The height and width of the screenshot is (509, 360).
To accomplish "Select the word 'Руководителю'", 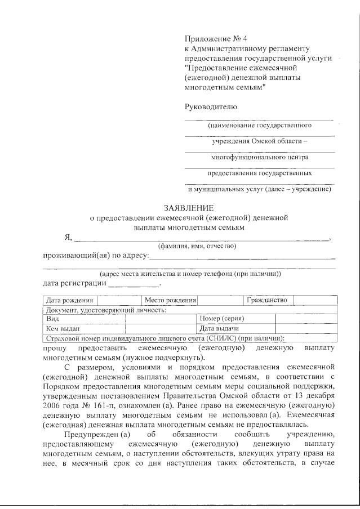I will click(x=211, y=107).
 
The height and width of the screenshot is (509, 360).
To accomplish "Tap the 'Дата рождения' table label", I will click(x=69, y=301).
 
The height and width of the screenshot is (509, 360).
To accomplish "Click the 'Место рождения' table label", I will click(x=170, y=301).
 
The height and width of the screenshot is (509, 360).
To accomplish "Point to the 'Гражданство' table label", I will click(x=267, y=301).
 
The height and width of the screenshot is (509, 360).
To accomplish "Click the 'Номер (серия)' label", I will click(x=221, y=319).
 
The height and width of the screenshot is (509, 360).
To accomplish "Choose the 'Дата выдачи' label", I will click(x=219, y=328).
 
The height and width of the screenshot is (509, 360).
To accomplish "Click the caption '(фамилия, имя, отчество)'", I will click(x=197, y=246).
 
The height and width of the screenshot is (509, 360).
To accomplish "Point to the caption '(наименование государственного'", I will click(x=259, y=126).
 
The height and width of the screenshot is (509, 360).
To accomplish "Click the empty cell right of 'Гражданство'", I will click(x=315, y=301).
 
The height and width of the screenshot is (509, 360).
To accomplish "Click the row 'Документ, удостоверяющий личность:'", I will click(x=106, y=310).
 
